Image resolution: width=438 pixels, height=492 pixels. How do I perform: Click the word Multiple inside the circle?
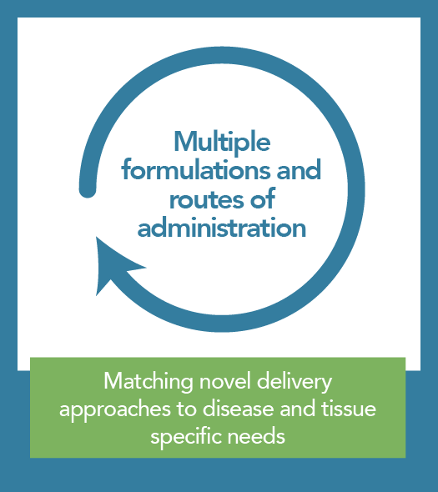pyautogui.click(x=222, y=143)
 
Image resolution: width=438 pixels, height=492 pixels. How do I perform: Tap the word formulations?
pyautogui.click(x=196, y=169)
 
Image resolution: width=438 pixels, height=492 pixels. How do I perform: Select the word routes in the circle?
pyautogui.click(x=208, y=199)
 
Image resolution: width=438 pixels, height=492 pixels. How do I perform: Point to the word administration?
pyautogui.click(x=222, y=228)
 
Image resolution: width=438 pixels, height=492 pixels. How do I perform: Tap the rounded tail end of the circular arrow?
pyautogui.click(x=88, y=190)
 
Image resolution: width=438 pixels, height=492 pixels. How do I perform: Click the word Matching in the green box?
pyautogui.click(x=149, y=383)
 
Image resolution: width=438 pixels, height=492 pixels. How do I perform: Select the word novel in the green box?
pyautogui.click(x=224, y=382)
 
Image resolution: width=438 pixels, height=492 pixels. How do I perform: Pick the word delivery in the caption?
pyautogui.click(x=295, y=383)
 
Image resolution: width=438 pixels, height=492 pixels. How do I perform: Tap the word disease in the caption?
pyautogui.click(x=238, y=409)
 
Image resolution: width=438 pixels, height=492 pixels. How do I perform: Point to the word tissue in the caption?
pyautogui.click(x=349, y=409)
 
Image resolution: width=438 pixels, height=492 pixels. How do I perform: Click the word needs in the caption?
pyautogui.click(x=256, y=436)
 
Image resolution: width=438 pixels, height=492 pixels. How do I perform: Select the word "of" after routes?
pyautogui.click(x=263, y=199)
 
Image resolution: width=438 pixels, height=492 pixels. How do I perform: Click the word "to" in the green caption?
pyautogui.click(x=187, y=409)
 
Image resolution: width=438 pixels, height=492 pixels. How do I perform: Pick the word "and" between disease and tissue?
pyautogui.click(x=297, y=409)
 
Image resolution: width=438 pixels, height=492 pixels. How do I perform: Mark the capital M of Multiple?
pyautogui.click(x=185, y=142)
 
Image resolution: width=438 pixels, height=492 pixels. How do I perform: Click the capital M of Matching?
pyautogui.click(x=113, y=381)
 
